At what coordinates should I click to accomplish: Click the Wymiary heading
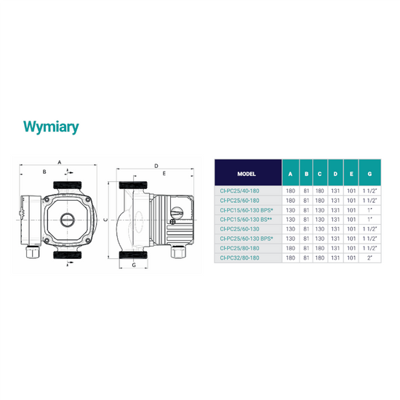point(51,127)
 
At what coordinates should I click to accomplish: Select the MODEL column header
point(247,174)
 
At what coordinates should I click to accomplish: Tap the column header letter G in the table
point(369,174)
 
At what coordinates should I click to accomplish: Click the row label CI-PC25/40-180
point(239,191)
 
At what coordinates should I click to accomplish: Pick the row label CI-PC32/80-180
point(239,258)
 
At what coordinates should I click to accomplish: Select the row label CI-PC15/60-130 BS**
point(246,220)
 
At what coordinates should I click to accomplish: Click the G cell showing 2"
point(369,258)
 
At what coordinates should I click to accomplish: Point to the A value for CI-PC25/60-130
point(290,229)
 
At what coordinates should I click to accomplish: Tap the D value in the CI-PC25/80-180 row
point(335,248)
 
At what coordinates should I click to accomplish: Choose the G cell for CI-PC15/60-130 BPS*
point(369,210)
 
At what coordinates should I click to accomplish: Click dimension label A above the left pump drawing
point(60,162)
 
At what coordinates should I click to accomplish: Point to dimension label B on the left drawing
point(44,172)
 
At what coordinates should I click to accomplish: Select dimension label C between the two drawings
point(106,220)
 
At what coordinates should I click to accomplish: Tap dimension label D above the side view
point(156,166)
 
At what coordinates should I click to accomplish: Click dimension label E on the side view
point(164,174)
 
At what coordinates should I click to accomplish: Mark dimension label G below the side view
point(134,265)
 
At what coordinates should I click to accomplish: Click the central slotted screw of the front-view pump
point(68,220)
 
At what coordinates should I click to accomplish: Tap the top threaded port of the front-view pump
point(68,185)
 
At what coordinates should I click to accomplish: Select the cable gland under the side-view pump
point(178,251)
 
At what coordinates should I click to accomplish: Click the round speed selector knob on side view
point(177,212)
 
